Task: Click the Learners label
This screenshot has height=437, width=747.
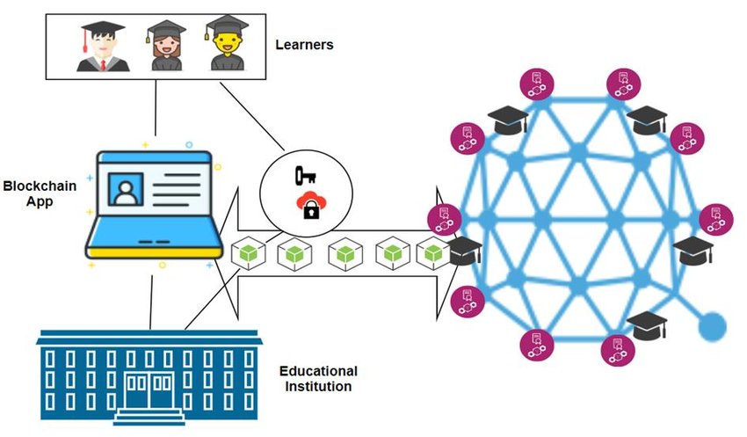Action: pos(305,45)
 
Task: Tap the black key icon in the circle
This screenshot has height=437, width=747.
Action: pos(306,175)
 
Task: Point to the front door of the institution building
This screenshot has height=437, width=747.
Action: pos(149,391)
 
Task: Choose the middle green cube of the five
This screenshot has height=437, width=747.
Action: pos(344,254)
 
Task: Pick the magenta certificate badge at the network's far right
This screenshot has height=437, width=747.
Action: pos(716,218)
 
